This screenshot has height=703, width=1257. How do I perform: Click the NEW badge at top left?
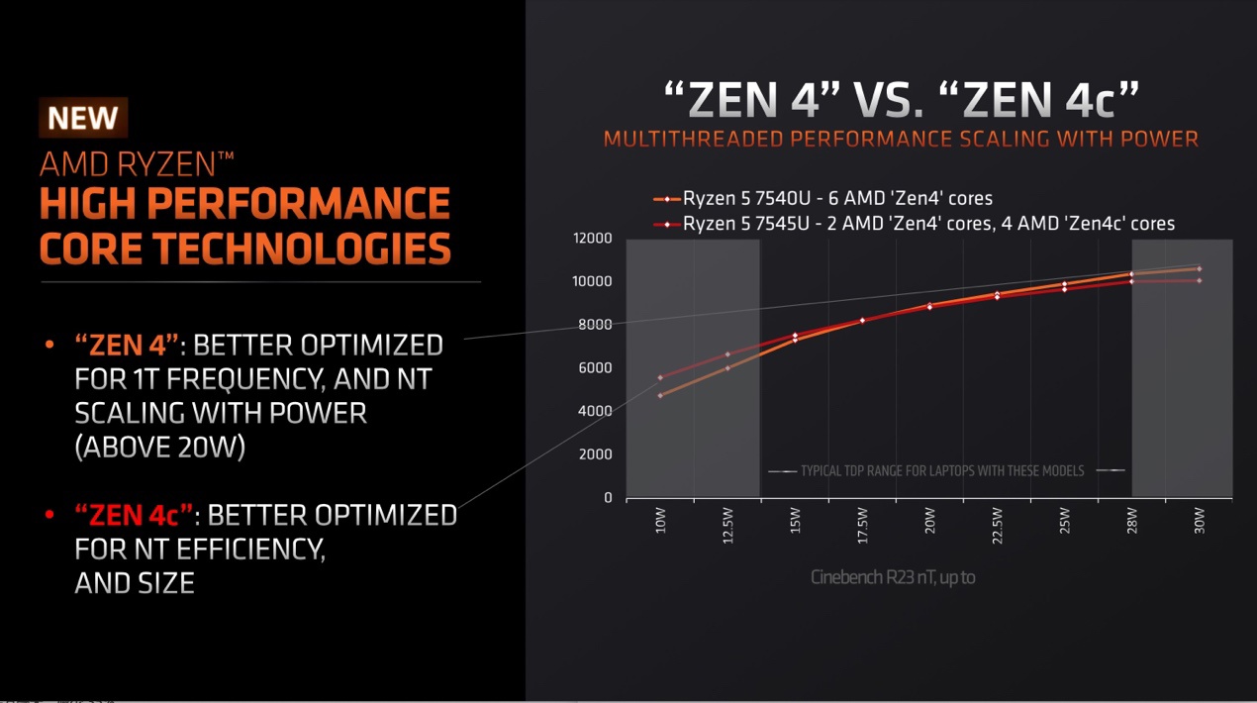click(83, 118)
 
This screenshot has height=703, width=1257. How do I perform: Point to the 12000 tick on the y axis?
click(593, 238)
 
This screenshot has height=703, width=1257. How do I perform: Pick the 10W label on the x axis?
click(660, 523)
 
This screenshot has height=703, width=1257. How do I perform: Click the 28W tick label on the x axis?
click(1131, 523)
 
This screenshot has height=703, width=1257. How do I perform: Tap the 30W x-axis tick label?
click(1199, 523)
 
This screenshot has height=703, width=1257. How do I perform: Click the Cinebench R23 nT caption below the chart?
click(891, 576)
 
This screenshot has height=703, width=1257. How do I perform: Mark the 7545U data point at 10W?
click(660, 377)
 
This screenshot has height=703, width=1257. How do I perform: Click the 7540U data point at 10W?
click(660, 395)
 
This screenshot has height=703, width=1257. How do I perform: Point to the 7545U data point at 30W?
click(1199, 280)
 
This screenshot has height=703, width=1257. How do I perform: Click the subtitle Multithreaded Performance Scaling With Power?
click(901, 139)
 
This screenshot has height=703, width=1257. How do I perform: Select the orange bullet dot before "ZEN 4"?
click(49, 346)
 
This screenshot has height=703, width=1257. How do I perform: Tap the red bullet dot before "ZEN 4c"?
click(49, 515)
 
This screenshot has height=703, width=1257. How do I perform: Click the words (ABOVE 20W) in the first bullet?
click(160, 448)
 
